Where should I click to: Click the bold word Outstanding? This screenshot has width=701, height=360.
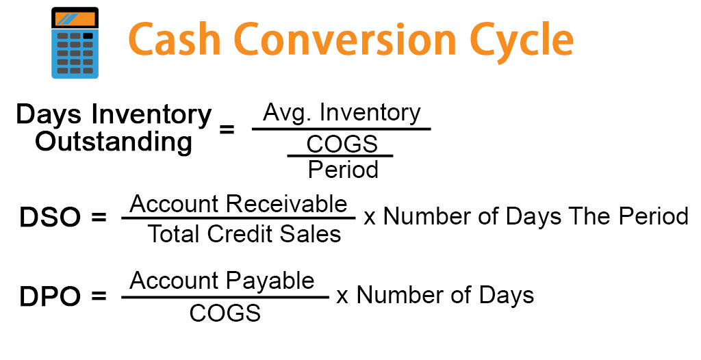[114, 142]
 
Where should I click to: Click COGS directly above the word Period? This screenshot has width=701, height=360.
[342, 144]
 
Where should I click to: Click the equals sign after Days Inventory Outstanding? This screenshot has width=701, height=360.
[227, 129]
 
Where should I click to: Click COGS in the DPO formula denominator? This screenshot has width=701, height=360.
[225, 313]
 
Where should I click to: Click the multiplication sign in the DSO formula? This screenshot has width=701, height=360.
[370, 218]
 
